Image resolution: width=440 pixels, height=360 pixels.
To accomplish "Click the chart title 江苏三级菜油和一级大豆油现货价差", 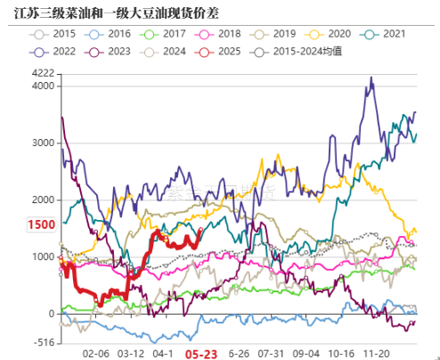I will tap(111, 12).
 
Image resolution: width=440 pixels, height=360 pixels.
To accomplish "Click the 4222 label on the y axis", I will tap(43, 73).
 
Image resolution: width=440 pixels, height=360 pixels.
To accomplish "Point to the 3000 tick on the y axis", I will tap(43, 143).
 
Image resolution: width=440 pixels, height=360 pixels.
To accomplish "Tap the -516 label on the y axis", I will tap(43, 342).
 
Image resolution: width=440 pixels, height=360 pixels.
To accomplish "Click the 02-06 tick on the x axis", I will tap(94, 353).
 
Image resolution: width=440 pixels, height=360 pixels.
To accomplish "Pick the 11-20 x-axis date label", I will tap(385, 353).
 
